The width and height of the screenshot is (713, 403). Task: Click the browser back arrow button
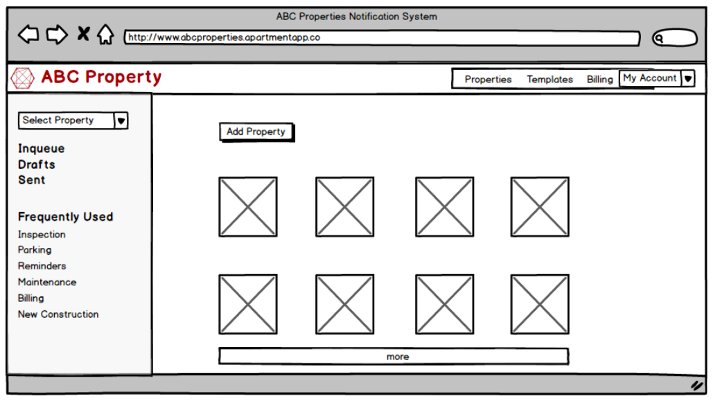pyautogui.click(x=28, y=35)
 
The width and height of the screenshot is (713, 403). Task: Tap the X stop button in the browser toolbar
pyautogui.click(x=83, y=34)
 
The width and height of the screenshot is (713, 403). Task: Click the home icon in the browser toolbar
pyautogui.click(x=105, y=35)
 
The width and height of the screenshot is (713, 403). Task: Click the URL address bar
pyautogui.click(x=382, y=37)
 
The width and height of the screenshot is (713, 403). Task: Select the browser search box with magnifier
pyautogui.click(x=674, y=38)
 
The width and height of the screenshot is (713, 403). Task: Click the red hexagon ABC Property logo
pyautogui.click(x=22, y=78)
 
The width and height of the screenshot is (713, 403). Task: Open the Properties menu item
pyautogui.click(x=488, y=80)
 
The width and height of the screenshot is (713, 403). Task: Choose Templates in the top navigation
pyautogui.click(x=549, y=80)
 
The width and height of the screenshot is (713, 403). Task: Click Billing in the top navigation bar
pyautogui.click(x=599, y=80)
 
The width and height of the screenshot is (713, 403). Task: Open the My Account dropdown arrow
pyautogui.click(x=688, y=79)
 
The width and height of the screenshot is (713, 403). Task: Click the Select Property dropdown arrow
pyautogui.click(x=121, y=121)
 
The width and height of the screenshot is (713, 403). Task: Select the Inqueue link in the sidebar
pyautogui.click(x=42, y=149)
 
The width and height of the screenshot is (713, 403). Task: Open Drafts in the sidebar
pyautogui.click(x=36, y=165)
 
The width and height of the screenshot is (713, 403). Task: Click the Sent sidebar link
pyautogui.click(x=31, y=180)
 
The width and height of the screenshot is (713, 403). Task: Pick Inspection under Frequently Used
pyautogui.click(x=42, y=235)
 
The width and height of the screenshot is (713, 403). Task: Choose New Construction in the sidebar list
pyautogui.click(x=58, y=314)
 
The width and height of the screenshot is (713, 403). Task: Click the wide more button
pyautogui.click(x=394, y=357)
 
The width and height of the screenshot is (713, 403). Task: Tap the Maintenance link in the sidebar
pyautogui.click(x=47, y=282)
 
